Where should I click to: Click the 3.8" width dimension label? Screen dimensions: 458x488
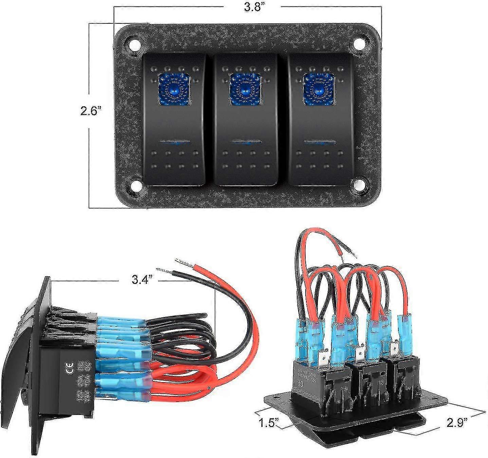click(254, 7)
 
